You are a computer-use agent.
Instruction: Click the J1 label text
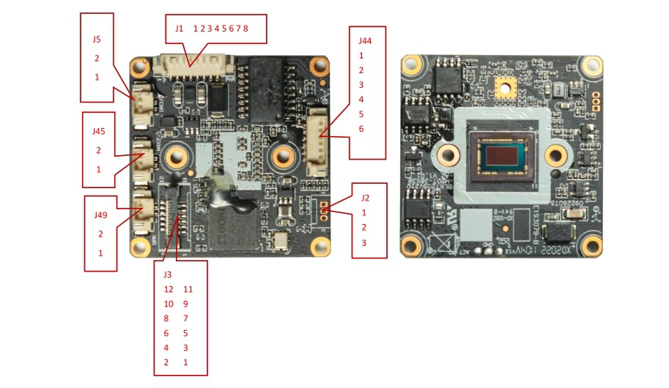[x=180, y=28]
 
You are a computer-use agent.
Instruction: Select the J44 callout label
[x=365, y=41]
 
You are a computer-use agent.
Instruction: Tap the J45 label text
[x=99, y=131]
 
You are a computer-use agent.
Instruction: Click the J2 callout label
[x=364, y=197]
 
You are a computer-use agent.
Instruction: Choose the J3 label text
[x=167, y=275]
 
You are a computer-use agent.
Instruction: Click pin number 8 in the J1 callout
[x=245, y=28]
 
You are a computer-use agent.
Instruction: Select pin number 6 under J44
[x=361, y=129]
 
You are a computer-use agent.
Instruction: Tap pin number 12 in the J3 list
[x=169, y=289]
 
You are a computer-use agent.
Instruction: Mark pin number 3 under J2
[x=363, y=242]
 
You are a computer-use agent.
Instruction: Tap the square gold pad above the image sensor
[x=503, y=88]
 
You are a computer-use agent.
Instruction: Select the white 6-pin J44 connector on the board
[x=317, y=141]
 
